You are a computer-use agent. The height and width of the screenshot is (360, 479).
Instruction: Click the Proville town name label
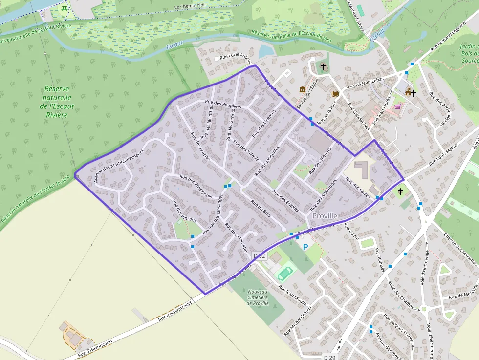click(x=325, y=216)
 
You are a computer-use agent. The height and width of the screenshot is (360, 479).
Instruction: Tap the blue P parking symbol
click(x=306, y=247)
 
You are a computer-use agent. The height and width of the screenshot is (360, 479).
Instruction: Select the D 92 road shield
click(x=260, y=256)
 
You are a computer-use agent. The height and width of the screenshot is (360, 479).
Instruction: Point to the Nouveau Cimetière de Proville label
click(x=259, y=297)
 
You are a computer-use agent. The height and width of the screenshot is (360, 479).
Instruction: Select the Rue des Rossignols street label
click(x=196, y=187)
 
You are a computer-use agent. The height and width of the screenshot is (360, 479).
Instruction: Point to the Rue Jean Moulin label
click(x=293, y=295)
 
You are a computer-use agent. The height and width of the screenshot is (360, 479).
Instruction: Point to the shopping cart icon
click(x=398, y=106)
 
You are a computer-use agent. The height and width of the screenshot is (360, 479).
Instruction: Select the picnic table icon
click(x=64, y=9)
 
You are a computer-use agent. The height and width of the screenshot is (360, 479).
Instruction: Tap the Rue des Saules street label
click(x=358, y=186)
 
